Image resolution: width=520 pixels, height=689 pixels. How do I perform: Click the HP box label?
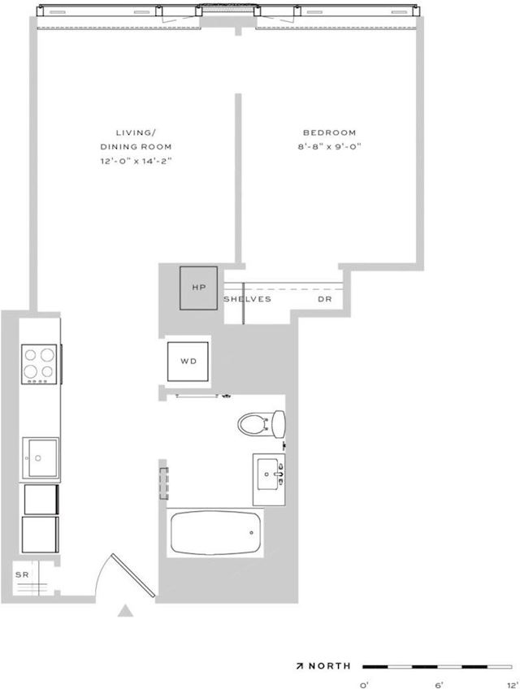199,288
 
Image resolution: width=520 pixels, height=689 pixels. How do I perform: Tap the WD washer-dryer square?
188,362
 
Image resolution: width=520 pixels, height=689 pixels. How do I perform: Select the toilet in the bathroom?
261,424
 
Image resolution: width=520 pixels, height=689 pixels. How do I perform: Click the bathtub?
215,532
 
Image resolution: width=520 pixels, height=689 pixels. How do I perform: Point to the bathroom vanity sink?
269,479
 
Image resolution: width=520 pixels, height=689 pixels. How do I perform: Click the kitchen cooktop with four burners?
39,364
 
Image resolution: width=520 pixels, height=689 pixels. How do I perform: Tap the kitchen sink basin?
40,458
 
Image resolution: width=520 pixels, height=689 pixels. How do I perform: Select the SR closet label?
22,574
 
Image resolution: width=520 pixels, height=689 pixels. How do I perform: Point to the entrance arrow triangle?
125,611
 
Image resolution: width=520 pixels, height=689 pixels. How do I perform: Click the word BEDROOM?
329,132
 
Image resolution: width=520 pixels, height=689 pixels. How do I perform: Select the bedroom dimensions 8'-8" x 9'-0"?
329,147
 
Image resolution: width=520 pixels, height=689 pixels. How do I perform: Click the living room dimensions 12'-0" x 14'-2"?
136,161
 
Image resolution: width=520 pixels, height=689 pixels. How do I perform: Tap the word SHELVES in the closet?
248,299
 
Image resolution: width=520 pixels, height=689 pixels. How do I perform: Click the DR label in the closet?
325,299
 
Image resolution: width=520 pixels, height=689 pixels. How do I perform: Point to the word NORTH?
330,665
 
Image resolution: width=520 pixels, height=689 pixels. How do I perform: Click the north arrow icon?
300,666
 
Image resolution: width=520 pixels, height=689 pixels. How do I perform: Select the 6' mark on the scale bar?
438,685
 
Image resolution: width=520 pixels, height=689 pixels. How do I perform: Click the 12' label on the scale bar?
513,685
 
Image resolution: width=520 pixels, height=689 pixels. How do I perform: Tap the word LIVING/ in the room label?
136,132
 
